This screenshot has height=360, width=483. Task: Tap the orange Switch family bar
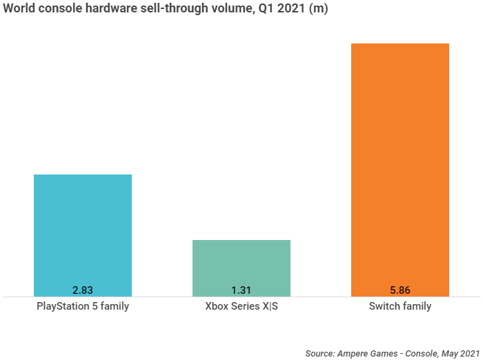click(x=400, y=166)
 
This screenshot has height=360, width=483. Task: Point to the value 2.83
click(x=82, y=290)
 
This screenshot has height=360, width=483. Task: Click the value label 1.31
click(x=241, y=290)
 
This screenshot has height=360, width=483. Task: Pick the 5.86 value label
click(x=400, y=290)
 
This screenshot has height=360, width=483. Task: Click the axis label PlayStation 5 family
click(x=82, y=306)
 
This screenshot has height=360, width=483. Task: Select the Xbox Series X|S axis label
click(x=241, y=306)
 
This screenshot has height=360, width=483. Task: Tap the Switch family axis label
click(x=400, y=306)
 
